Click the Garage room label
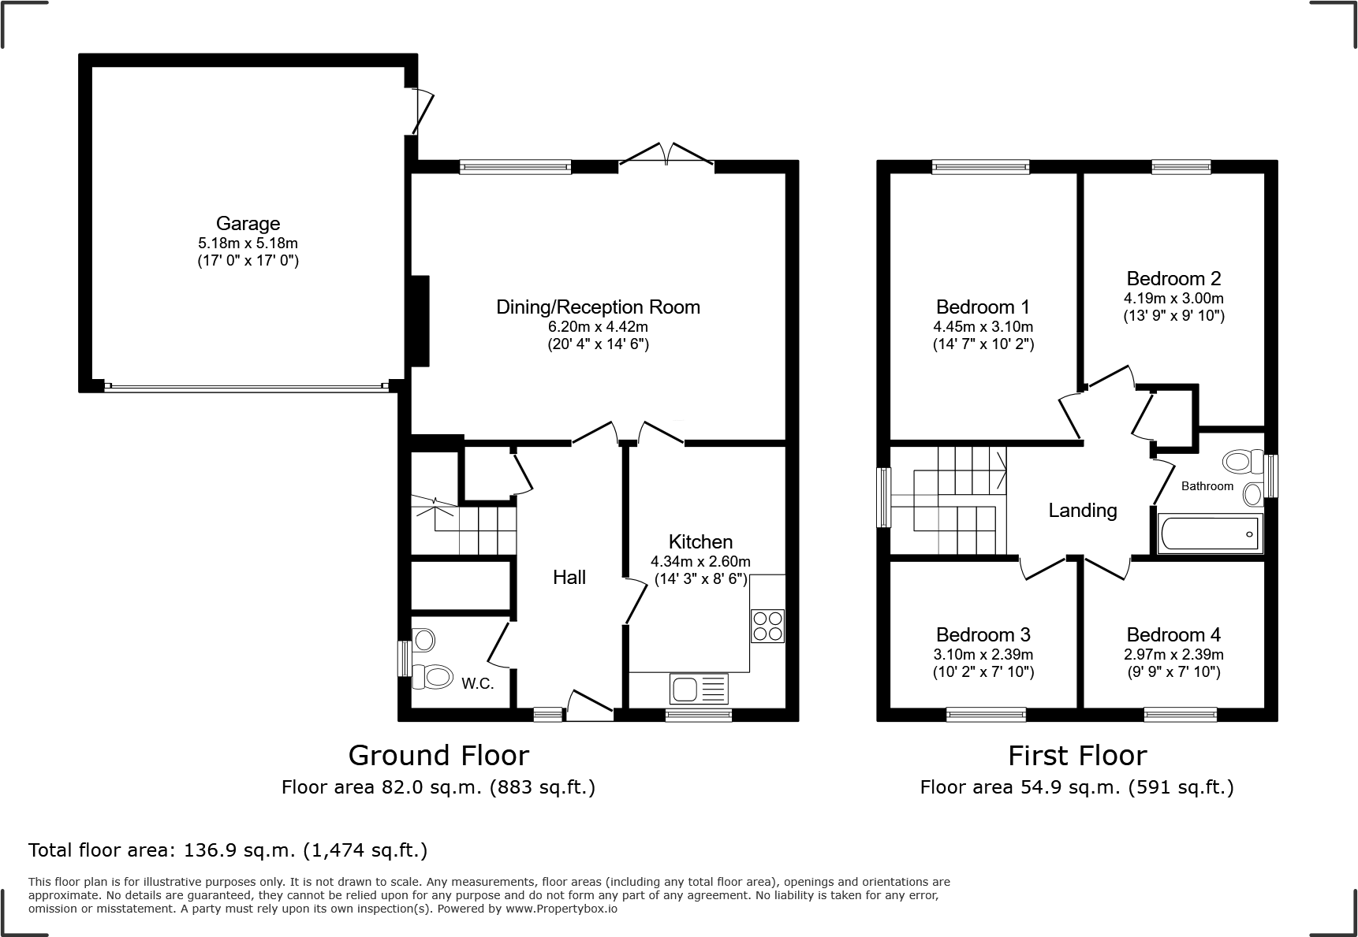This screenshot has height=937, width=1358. (x=248, y=224)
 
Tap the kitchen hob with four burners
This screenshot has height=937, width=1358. (x=767, y=626)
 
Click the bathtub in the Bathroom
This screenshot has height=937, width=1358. (x=1210, y=534)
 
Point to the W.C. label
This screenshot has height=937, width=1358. (x=478, y=684)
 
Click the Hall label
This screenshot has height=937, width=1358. (x=569, y=578)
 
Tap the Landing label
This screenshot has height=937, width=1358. (x=1082, y=511)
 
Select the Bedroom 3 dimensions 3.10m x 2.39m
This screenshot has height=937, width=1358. (x=983, y=655)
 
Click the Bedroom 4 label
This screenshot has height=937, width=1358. (x=1173, y=634)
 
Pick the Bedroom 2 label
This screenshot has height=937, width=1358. (x=1173, y=278)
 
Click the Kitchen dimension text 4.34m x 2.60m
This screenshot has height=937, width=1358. (x=700, y=562)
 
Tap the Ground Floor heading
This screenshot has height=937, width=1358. (x=438, y=756)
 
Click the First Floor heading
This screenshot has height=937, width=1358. (x=1076, y=756)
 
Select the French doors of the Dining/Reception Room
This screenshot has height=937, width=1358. (x=666, y=155)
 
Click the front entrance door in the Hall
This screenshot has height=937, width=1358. (x=589, y=705)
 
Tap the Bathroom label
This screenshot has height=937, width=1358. (x=1207, y=486)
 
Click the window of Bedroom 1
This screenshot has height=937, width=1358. (x=980, y=166)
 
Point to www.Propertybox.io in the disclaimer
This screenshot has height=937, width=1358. (x=561, y=909)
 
